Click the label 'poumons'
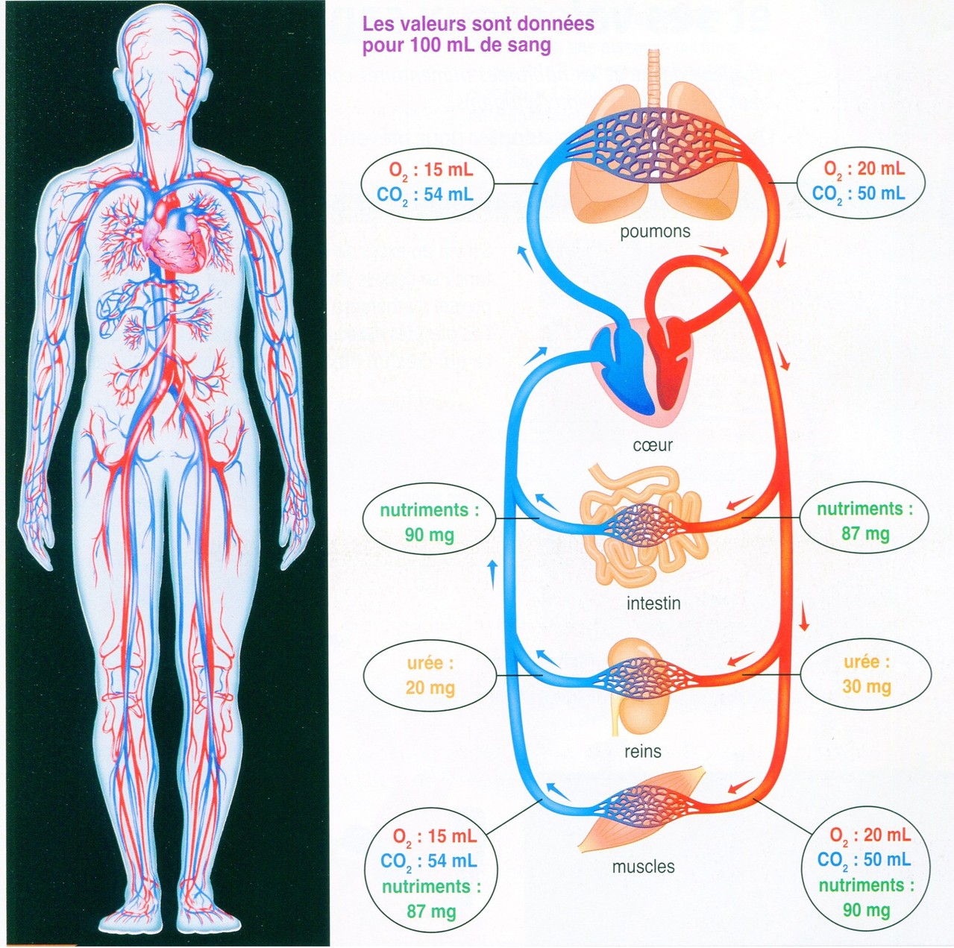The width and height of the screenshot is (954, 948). (x=654, y=232)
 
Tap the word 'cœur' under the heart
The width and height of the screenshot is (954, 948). (x=653, y=445)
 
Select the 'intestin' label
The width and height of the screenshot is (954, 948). (x=653, y=603)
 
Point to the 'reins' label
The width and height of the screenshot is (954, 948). (x=643, y=751)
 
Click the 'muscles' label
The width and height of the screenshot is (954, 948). (x=643, y=867)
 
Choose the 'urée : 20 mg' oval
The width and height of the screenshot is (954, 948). (x=430, y=676)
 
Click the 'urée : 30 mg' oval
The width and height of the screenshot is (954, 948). (x=866, y=674)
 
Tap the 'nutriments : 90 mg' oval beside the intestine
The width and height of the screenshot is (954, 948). (x=429, y=522)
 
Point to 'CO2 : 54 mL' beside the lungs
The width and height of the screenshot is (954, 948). (x=424, y=195)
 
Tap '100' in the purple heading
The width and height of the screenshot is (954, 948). (x=425, y=45)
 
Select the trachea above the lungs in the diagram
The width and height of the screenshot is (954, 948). (x=655, y=79)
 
